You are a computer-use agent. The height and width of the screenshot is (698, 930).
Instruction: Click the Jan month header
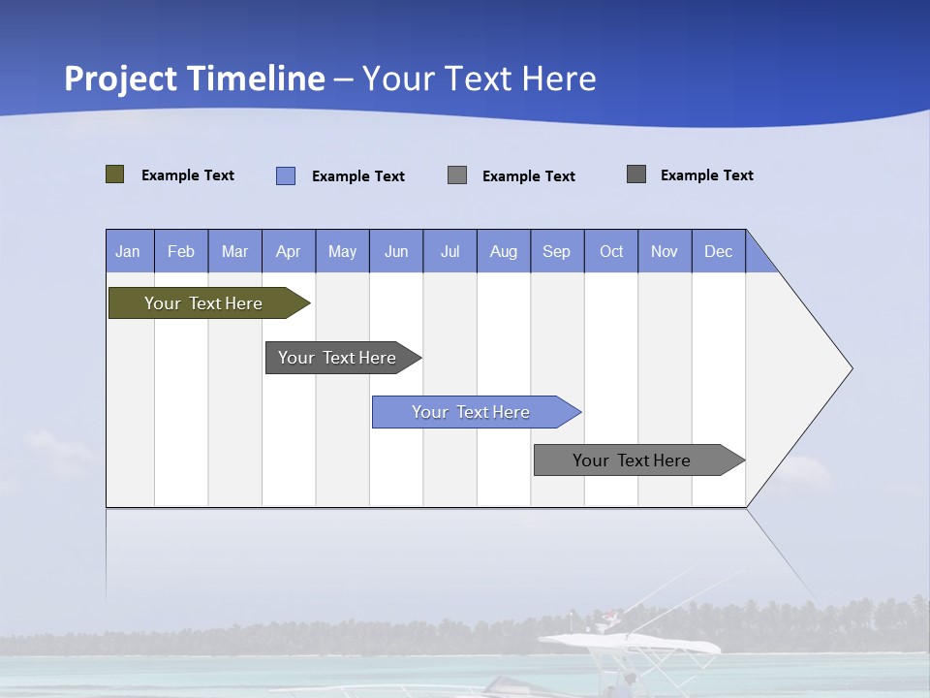coord(128,251)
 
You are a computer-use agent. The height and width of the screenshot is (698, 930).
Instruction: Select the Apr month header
coord(288,251)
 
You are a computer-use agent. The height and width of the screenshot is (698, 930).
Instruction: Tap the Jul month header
coord(449,251)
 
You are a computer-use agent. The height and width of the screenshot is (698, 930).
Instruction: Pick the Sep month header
coord(556,251)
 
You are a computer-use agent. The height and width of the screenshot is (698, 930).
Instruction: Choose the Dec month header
coord(718,251)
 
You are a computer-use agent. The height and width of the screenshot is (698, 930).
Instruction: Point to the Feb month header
coord(181,251)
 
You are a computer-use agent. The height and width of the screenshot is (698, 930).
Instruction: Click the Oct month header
coord(611,251)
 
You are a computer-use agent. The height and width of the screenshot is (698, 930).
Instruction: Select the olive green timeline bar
coord(203,303)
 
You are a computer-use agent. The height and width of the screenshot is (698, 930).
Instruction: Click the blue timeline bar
coord(471,412)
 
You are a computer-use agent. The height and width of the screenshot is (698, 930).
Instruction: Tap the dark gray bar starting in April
coord(337,358)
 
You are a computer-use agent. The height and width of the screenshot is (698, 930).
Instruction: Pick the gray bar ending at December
coord(632,460)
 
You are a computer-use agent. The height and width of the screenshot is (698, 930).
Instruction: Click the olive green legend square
coord(115,174)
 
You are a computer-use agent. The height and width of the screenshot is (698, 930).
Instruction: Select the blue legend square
coord(286,175)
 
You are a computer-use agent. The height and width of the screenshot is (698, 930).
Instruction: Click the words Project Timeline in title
coord(195,79)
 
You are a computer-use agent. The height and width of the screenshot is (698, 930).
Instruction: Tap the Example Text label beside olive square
coord(188,175)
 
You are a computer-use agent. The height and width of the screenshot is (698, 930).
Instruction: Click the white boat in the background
coord(630,644)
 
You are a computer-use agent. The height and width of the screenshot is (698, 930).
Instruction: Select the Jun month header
coord(396,251)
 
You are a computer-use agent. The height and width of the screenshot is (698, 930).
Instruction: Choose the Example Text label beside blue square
coord(358,176)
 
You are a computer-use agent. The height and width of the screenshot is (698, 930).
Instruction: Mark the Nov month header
coord(665,251)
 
